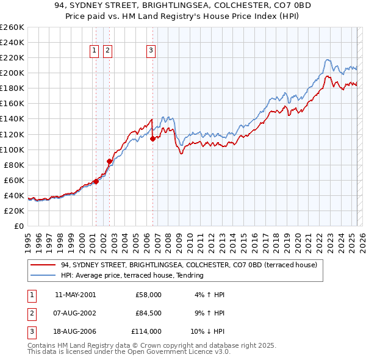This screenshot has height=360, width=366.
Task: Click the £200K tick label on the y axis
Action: [12, 73]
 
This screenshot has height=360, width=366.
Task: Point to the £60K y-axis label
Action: [13, 180]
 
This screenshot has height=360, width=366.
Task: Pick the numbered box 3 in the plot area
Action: [151, 51]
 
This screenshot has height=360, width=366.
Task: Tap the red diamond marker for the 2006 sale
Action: [152, 139]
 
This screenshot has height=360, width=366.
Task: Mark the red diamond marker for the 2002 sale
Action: [109, 162]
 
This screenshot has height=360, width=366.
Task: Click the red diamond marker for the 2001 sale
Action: [96, 182]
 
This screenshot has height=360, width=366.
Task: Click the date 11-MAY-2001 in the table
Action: [75, 295]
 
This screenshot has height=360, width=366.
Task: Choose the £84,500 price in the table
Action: [148, 313]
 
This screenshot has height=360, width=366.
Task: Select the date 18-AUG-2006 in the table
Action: [75, 331]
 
